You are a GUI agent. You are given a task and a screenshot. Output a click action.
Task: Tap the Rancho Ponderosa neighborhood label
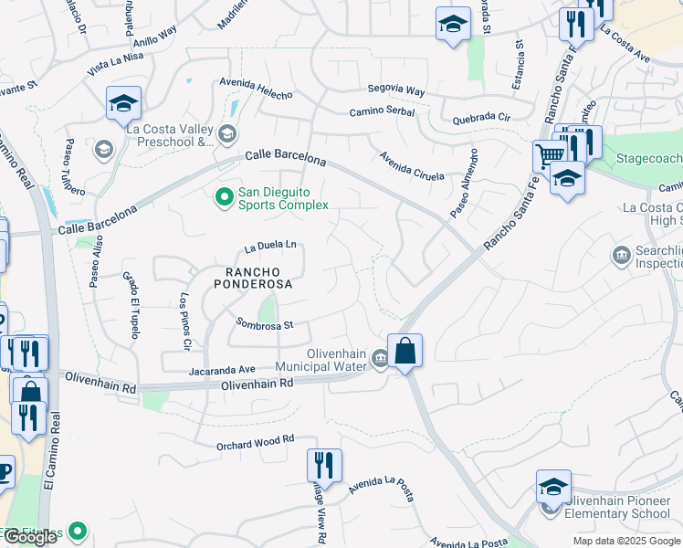tap(253, 278)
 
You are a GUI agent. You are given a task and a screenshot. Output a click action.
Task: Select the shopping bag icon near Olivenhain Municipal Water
tap(405, 351)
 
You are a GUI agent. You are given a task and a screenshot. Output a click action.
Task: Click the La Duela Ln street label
tap(271, 246)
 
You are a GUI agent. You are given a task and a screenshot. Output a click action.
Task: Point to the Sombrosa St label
tap(264, 323)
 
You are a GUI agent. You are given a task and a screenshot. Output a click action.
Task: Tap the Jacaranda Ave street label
tap(222, 370)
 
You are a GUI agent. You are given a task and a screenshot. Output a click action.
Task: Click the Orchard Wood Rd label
tap(255, 440)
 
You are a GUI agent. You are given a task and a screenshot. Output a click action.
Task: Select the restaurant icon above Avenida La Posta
tap(324, 465)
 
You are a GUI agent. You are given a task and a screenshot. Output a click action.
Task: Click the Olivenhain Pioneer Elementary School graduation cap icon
tap(553, 487)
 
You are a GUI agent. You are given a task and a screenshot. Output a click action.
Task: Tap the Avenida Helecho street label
tap(256, 93)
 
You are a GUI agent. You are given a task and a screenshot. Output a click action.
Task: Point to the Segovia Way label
tap(396, 91)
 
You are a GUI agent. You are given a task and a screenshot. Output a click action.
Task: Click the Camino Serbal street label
tap(382, 112)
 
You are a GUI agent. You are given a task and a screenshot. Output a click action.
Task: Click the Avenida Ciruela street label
tap(412, 165)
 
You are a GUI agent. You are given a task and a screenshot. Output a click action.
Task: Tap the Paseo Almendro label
tap(464, 182)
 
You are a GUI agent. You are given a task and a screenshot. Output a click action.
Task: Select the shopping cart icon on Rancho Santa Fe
tap(549, 155)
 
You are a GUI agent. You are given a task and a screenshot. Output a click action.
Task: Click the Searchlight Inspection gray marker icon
tap(623, 253)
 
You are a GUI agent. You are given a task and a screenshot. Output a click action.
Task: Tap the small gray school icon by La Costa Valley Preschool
tap(104, 149)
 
